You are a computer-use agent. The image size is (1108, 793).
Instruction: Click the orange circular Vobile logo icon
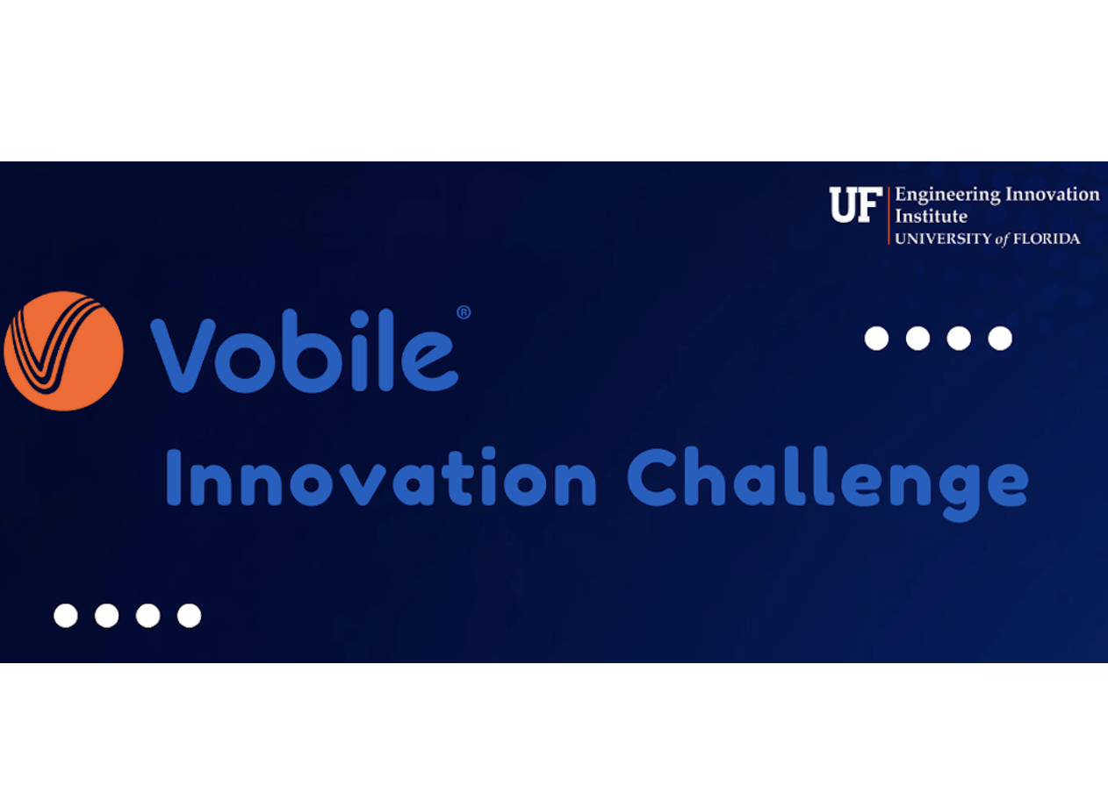click(x=63, y=351)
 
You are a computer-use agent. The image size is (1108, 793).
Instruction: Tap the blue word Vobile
click(x=305, y=351)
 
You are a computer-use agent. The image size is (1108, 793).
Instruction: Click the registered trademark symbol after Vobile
click(x=464, y=312)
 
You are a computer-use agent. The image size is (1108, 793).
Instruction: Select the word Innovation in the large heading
click(x=381, y=477)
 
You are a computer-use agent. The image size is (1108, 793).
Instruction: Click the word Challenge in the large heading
click(x=828, y=483)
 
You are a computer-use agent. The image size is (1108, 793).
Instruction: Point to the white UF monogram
click(x=855, y=204)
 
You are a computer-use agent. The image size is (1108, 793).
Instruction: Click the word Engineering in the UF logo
click(x=947, y=195)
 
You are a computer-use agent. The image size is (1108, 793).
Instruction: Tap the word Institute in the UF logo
click(x=931, y=216)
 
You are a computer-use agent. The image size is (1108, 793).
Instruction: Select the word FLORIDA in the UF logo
click(x=1047, y=239)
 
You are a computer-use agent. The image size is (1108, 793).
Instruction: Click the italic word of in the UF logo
click(x=1002, y=239)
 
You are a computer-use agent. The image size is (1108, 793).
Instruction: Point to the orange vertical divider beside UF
click(x=889, y=216)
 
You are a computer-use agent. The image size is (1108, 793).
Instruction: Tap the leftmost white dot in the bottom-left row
click(x=66, y=616)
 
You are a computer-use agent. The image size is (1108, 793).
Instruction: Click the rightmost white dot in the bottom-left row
click(x=189, y=616)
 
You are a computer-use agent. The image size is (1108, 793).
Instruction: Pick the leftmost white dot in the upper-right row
click(x=876, y=339)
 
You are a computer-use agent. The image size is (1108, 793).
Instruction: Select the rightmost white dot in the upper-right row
click(x=1000, y=339)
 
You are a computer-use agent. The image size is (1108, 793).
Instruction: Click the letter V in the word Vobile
click(x=183, y=356)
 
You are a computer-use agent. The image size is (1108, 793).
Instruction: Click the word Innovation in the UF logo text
click(x=1053, y=194)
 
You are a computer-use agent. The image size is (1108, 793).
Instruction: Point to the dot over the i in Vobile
click(x=360, y=318)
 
